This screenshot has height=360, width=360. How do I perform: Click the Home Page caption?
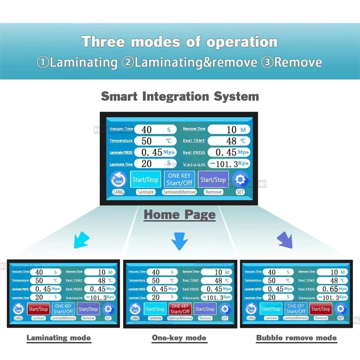180,215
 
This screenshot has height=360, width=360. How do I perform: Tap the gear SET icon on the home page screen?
240,179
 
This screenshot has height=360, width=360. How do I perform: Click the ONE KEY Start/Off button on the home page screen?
179,179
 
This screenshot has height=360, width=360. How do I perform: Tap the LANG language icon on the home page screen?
118,179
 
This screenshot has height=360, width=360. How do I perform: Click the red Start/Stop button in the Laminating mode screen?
38,309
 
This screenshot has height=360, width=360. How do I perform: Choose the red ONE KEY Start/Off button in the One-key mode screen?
180,309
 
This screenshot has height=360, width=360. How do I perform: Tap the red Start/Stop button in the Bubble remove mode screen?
320,309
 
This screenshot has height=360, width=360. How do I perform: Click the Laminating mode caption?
59,338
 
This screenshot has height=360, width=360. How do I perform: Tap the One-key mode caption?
179,338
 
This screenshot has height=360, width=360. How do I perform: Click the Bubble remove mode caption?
296,338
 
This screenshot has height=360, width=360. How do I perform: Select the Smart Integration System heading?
180,96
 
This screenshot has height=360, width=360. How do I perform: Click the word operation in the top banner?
242,42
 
